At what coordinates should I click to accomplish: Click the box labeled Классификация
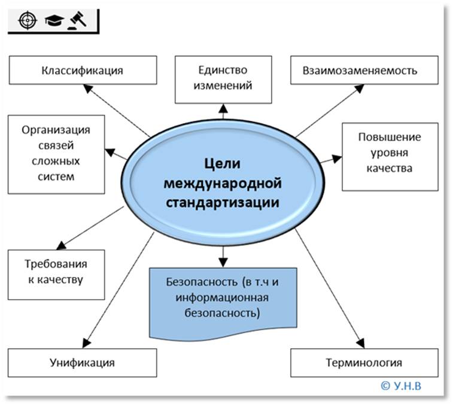83,71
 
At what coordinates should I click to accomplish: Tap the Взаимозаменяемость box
362,71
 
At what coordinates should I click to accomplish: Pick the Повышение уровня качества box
389,153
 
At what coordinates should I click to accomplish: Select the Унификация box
82,363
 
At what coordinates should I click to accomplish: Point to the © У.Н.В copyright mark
400,385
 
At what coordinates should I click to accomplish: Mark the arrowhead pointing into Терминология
361,344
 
